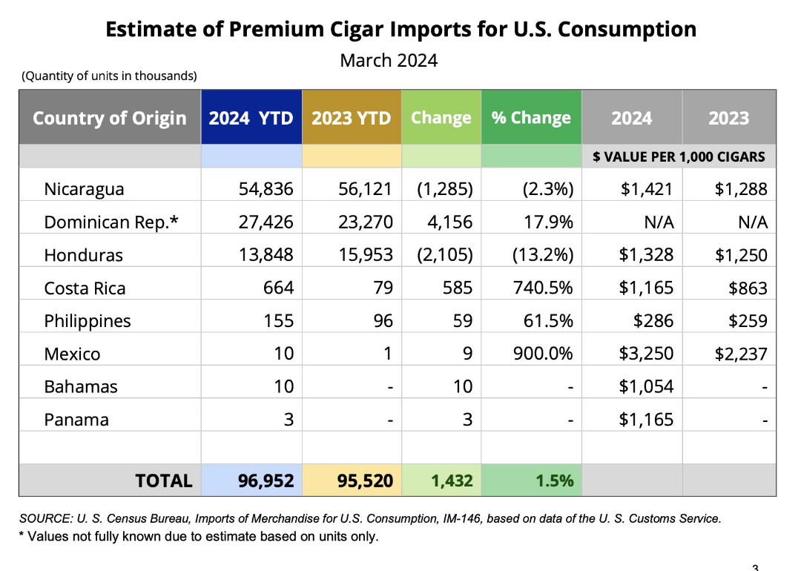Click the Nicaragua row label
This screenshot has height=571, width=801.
[x=84, y=189]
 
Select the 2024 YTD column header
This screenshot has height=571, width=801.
[x=251, y=118]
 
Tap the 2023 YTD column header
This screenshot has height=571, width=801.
[x=352, y=118]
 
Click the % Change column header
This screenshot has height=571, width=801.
[x=531, y=117]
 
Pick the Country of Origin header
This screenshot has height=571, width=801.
[x=109, y=118]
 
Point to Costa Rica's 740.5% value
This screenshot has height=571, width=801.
[x=543, y=288]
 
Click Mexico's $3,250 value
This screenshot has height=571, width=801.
[x=646, y=354]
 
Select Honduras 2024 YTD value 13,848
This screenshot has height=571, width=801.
[x=266, y=255]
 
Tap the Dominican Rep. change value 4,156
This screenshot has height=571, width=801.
[x=450, y=222]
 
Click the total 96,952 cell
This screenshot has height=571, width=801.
[x=266, y=481]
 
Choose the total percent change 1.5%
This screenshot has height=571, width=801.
[x=555, y=481]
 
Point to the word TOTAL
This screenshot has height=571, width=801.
[x=164, y=481]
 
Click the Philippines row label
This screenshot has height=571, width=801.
[x=88, y=321]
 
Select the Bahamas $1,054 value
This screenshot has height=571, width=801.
[x=646, y=386]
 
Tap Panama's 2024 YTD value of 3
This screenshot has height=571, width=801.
[x=289, y=419]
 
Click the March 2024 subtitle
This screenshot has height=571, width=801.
[x=389, y=60]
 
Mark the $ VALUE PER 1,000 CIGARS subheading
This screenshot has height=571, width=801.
[x=679, y=156]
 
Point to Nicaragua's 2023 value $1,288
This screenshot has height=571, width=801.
[x=741, y=189]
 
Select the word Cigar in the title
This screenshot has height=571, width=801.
[x=357, y=30]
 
